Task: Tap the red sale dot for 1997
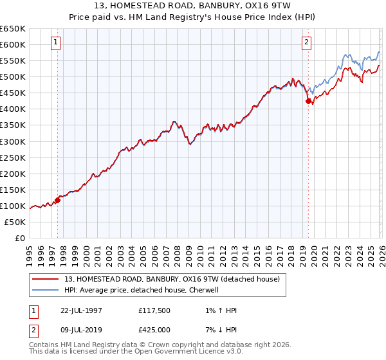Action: (57, 200)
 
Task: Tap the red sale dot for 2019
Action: (308, 101)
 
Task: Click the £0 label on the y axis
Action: (20, 239)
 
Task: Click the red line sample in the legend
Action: (46, 280)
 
